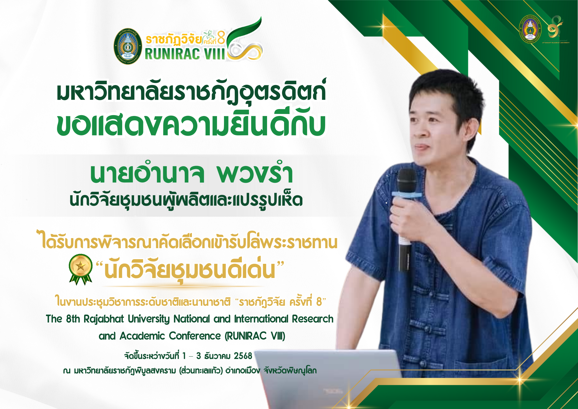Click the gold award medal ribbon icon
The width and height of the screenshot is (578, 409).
80,268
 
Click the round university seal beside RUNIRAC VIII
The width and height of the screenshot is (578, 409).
128,46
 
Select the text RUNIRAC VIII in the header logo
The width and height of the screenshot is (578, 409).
184,54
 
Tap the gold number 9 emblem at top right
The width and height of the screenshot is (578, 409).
555,27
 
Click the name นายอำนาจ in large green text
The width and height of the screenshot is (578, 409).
147,174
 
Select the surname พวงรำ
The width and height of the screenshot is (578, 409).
255,174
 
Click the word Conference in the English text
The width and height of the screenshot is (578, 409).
195,336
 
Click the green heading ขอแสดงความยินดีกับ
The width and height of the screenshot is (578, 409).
191,126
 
